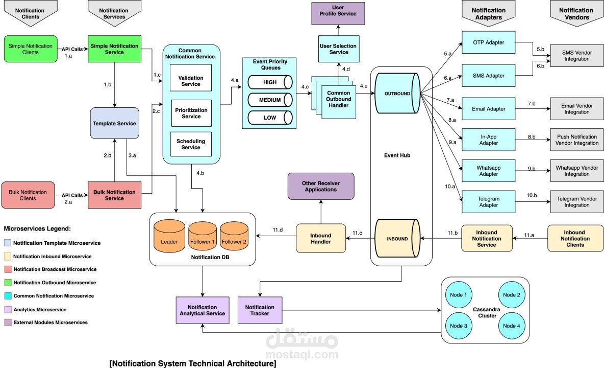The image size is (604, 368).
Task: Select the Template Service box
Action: [x=114, y=123]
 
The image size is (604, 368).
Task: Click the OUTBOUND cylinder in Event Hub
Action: [x=397, y=94]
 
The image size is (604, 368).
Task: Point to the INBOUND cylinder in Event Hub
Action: [x=397, y=238]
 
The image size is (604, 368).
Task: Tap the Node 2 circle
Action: [x=511, y=295]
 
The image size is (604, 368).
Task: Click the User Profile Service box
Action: [x=338, y=13]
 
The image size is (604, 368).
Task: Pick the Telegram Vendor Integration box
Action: [x=577, y=202]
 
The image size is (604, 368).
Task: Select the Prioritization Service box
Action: [x=191, y=113]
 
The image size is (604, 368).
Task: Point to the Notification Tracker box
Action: [x=260, y=310]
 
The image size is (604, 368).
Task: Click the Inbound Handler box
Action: [x=320, y=239]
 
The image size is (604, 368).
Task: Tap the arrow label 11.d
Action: [x=278, y=230]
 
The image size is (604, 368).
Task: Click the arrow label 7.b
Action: [x=531, y=104]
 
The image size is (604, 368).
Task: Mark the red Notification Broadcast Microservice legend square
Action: [x=8, y=269]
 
